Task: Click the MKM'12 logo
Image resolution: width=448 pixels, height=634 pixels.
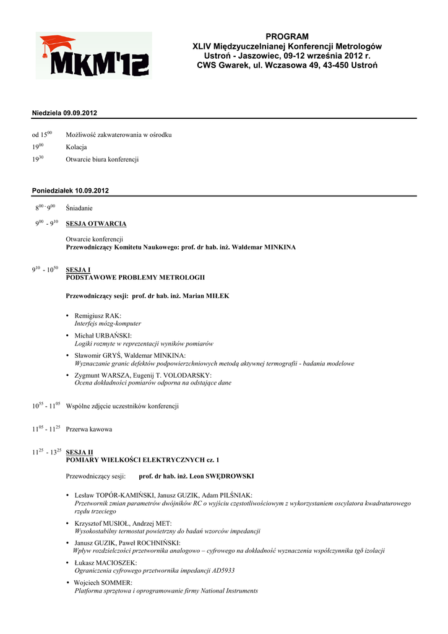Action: pos(93,55)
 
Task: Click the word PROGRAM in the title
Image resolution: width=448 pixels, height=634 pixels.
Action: pos(286,37)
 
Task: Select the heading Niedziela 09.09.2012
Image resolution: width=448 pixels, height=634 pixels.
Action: pos(64,113)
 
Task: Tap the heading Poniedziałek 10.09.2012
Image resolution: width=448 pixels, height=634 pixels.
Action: pos(70,191)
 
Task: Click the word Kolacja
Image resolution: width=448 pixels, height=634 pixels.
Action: pos(76,147)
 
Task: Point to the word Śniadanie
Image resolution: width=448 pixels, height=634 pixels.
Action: pos(79,208)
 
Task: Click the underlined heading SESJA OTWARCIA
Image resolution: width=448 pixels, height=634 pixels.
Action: pos(96,224)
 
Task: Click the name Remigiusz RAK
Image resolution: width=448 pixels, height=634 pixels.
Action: pos(98,316)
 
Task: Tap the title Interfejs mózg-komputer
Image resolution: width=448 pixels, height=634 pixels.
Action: pos(108,323)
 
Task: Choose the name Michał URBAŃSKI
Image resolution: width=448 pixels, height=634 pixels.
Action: pos(103,336)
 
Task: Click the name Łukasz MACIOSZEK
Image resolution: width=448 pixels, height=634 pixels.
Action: pos(106,563)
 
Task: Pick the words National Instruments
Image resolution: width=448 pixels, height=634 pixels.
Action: pos(225,591)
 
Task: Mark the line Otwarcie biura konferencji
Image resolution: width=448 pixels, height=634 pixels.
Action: pos(102,159)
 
